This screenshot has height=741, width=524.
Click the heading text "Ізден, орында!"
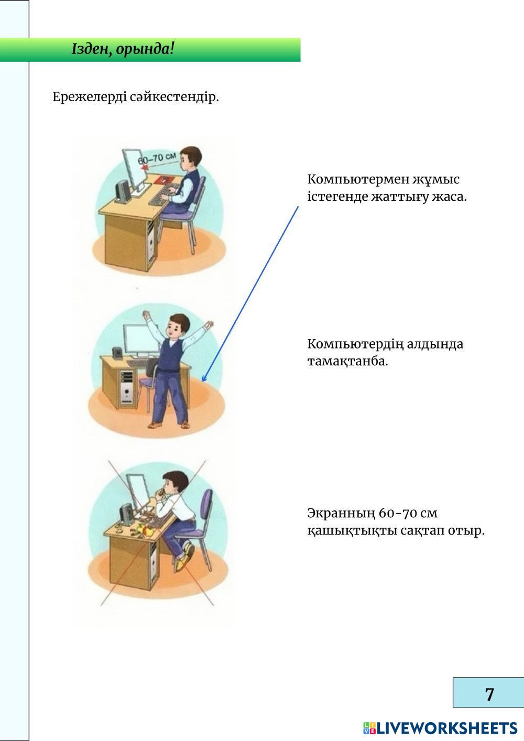[123, 50]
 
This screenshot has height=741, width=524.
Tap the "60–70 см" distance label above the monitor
[157, 158]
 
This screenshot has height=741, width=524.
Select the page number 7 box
[488, 693]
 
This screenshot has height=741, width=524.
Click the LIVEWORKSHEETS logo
[440, 728]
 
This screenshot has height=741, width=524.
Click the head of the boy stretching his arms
[177, 325]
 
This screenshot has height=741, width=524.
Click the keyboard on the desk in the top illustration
[163, 198]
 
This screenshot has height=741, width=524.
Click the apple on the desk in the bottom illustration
[148, 531]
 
